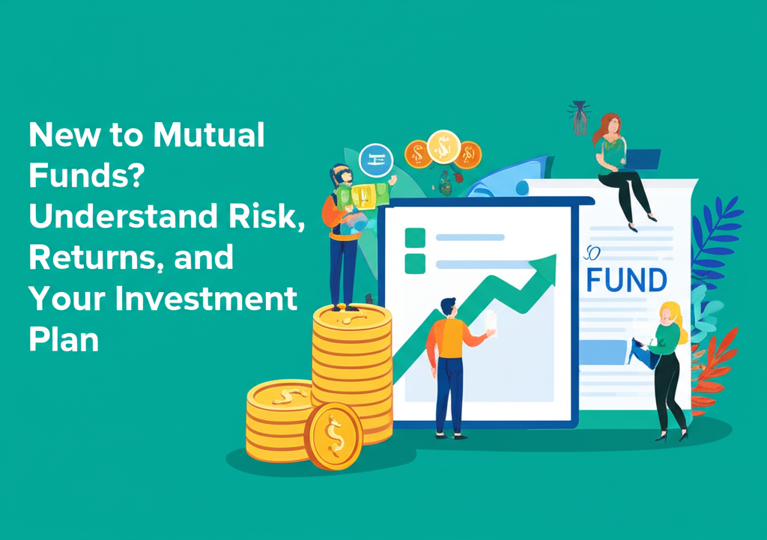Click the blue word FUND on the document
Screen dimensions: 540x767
[626, 279]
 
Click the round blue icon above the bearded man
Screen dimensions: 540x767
[376, 160]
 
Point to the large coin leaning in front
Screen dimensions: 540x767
[333, 436]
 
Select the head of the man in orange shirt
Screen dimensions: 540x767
[448, 307]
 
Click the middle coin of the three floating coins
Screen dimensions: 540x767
[443, 147]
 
